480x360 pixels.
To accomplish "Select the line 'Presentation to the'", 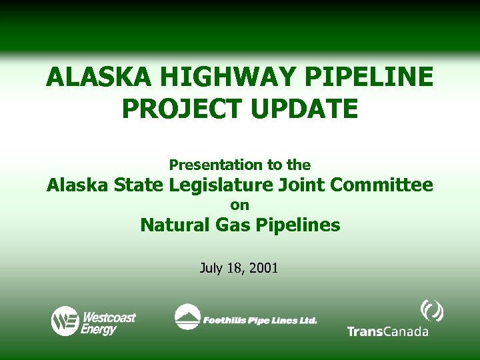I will click(240, 165).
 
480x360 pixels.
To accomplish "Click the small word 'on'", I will click(240, 206).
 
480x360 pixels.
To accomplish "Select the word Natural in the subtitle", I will click(173, 225).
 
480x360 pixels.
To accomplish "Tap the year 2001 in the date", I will click(265, 269).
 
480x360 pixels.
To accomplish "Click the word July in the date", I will click(212, 269).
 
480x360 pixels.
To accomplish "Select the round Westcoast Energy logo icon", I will click(65, 321).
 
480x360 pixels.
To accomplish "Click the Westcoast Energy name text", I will click(108, 321).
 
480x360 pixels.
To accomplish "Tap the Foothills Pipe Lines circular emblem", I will click(187, 317).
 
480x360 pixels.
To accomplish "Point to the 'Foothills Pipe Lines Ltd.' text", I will click(260, 321).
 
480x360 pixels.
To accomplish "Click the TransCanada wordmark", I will click(387, 331).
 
